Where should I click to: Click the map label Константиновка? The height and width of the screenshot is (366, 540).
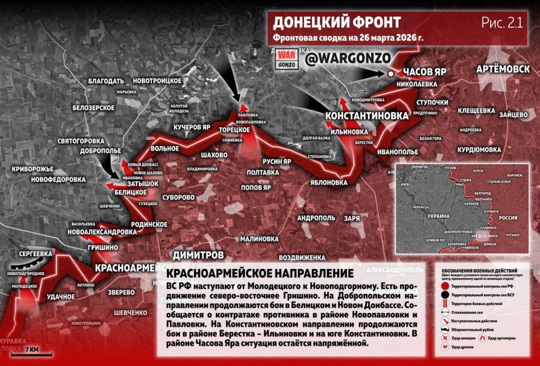click(367, 116)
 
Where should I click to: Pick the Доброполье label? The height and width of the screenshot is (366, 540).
click(99, 151)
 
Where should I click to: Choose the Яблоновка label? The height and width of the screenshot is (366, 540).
click(328, 182)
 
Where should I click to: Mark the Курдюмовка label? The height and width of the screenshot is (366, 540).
click(479, 150)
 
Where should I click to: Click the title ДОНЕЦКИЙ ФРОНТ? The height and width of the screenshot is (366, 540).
click(336, 22)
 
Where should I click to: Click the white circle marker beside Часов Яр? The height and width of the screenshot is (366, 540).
click(391, 74)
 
